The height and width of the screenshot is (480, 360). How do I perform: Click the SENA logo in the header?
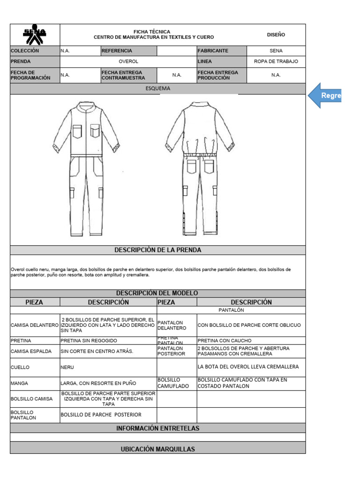pyautogui.click(x=35, y=35)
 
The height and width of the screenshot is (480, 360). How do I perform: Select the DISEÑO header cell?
pyautogui.click(x=276, y=35)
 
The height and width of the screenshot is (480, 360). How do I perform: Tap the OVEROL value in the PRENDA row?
pyautogui.click(x=128, y=61)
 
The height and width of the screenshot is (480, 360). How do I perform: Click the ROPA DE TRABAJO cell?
pyautogui.click(x=276, y=61)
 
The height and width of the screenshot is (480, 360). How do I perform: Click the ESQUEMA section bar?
pyautogui.click(x=157, y=88)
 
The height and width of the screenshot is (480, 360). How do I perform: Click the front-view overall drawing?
pyautogui.click(x=86, y=169)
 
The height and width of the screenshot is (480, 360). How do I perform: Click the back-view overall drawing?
pyautogui.click(x=200, y=169)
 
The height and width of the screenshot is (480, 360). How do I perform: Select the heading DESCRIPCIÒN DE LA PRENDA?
pyautogui.click(x=157, y=250)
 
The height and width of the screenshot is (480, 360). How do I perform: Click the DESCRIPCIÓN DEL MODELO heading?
pyautogui.click(x=157, y=292)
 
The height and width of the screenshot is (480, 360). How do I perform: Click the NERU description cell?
pyautogui.click(x=108, y=367)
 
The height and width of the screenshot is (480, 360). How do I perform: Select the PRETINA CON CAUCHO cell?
pyautogui.click(x=251, y=340)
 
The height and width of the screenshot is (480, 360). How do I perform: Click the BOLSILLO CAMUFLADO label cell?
pyautogui.click(x=176, y=383)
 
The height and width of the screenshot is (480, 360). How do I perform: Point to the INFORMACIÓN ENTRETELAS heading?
pyautogui.click(x=157, y=428)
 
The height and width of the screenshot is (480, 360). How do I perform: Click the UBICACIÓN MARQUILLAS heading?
pyautogui.click(x=157, y=449)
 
